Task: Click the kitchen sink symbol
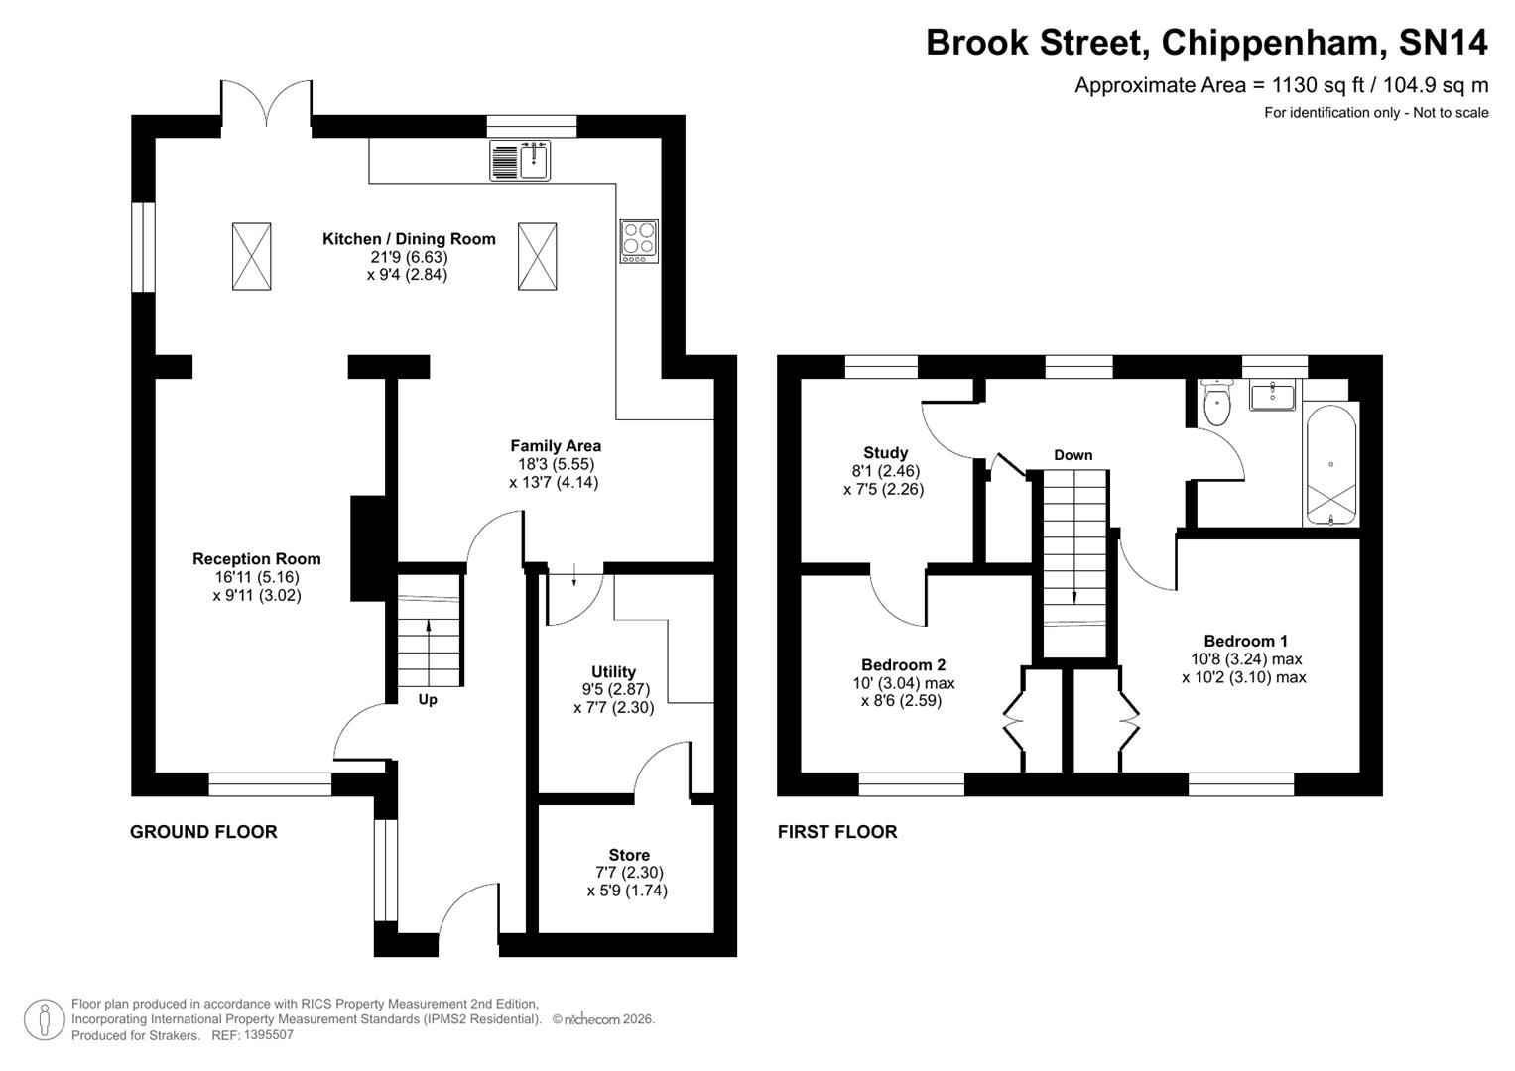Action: click(x=521, y=161)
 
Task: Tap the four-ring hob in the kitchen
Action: click(x=638, y=240)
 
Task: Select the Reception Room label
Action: click(x=256, y=559)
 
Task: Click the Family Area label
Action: click(x=555, y=446)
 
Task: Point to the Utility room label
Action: click(x=613, y=672)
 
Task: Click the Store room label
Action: click(x=629, y=855)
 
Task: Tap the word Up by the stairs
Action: click(x=428, y=699)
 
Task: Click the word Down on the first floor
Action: click(x=1073, y=455)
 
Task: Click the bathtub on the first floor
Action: click(x=1329, y=464)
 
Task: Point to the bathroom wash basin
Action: click(x=1272, y=396)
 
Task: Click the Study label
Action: click(x=885, y=453)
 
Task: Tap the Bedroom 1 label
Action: click(x=1245, y=641)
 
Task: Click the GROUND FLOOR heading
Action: click(x=203, y=832)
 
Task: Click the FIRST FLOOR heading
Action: click(x=837, y=832)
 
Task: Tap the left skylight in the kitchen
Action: click(x=251, y=256)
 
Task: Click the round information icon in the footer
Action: click(x=44, y=1018)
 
